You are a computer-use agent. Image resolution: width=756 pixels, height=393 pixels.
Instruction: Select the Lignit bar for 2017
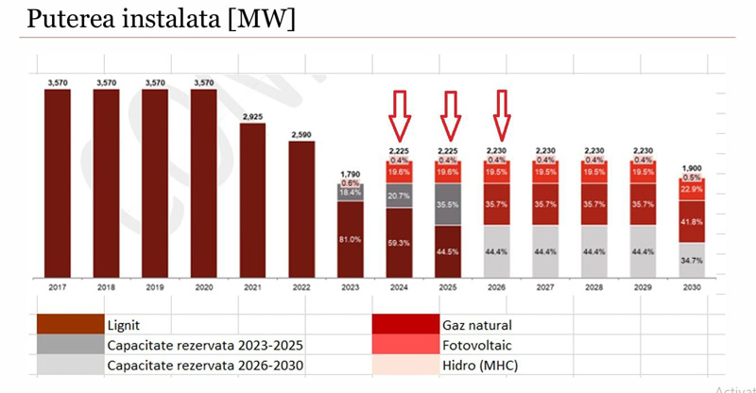tap(58, 179)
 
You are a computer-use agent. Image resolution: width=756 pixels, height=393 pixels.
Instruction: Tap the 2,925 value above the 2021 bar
tap(252, 116)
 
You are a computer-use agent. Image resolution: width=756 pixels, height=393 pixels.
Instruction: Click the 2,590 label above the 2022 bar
tap(301, 135)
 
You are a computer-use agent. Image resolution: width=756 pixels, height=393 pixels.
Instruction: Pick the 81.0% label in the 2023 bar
tap(351, 239)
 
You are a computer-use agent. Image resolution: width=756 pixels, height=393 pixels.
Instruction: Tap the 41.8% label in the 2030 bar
tap(693, 221)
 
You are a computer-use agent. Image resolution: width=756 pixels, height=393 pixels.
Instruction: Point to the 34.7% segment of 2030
tap(693, 258)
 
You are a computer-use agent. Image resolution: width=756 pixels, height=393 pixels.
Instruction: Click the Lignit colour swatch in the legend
tap(69, 324)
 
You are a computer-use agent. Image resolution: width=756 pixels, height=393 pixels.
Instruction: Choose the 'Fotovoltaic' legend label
tap(475, 344)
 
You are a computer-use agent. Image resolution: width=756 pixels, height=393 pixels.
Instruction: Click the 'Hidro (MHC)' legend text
tap(480, 365)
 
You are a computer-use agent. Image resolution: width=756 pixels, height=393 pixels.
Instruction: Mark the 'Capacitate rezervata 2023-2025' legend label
tap(205, 344)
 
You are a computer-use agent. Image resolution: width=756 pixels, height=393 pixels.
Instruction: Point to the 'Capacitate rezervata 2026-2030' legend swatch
tap(69, 365)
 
